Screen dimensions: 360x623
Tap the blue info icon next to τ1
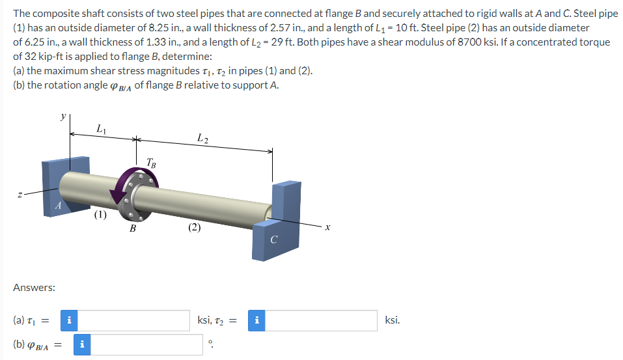pyautogui.click(x=70, y=320)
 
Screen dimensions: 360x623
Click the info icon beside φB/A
pyautogui.click(x=83, y=345)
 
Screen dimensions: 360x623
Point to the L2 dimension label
pyautogui.click(x=202, y=137)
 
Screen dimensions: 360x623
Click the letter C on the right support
pyautogui.click(x=274, y=240)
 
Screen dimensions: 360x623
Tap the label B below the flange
pyautogui.click(x=133, y=228)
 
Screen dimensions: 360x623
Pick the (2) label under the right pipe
pyautogui.click(x=195, y=227)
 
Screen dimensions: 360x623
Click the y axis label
pyautogui.click(x=62, y=115)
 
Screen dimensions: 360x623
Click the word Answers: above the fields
pyautogui.click(x=34, y=287)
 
